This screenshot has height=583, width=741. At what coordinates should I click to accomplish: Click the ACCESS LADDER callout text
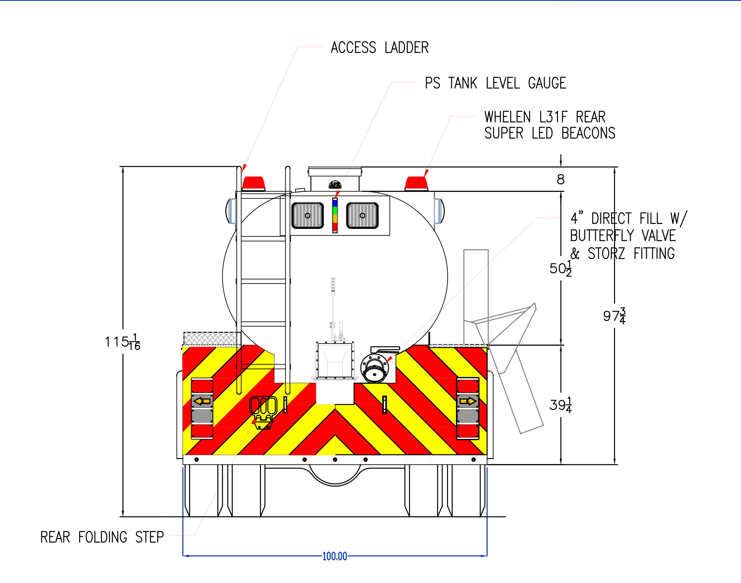point(379,48)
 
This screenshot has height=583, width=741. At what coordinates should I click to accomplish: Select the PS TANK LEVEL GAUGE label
point(495,83)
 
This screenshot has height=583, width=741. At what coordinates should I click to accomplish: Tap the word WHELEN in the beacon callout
point(507,117)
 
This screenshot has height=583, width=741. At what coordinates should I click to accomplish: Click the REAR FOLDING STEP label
point(102,537)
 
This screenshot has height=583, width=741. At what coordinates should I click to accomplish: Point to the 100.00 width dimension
point(334,556)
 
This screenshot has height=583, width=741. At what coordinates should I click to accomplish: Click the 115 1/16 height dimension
point(122,342)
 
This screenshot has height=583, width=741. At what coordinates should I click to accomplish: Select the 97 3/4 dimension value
point(614,316)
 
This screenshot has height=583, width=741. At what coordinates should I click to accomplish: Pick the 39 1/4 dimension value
point(560,405)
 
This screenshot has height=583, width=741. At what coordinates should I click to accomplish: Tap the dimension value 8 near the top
point(560,180)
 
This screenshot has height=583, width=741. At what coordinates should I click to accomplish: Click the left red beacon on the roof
point(253,183)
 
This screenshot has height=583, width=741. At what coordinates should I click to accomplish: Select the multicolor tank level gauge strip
point(335,215)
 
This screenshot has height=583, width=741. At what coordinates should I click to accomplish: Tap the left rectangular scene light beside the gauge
point(307,215)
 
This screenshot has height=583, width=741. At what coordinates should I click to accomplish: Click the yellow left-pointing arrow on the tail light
point(202,401)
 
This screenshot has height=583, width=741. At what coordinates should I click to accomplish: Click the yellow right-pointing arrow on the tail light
point(467,401)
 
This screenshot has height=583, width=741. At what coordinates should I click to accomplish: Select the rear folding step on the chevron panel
point(263,412)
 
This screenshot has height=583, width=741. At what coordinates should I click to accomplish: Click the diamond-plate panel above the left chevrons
point(212,338)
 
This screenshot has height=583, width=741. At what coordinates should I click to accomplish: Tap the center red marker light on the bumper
point(335,460)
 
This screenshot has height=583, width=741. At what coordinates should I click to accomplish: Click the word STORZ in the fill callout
point(606,253)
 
